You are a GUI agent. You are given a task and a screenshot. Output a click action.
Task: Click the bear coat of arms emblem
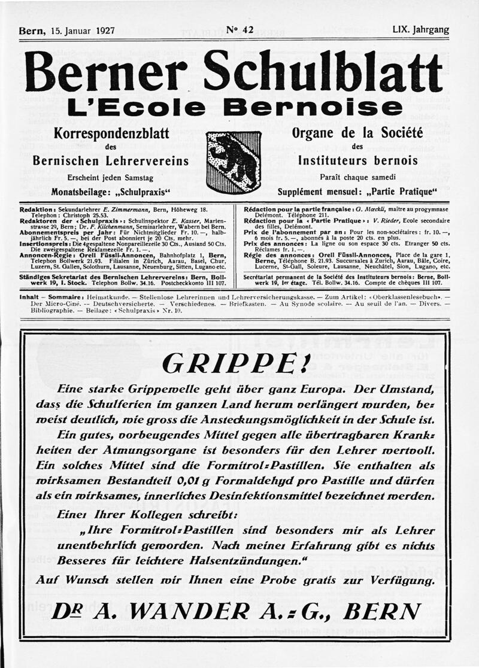point(234,162)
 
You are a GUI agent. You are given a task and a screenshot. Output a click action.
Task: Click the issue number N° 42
point(240,30)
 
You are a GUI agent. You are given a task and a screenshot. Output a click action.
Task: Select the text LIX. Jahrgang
point(420,30)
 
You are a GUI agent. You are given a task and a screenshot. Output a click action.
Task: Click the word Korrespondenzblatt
point(111,133)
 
